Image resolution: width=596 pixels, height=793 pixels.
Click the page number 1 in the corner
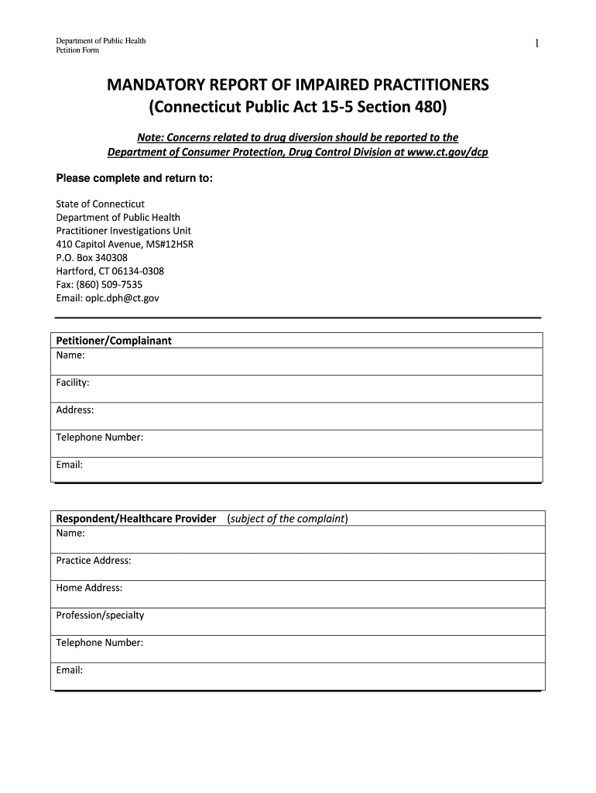pos(536,44)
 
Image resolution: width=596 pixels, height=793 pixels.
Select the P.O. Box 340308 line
pos(92,258)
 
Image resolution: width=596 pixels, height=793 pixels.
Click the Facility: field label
pos(73,383)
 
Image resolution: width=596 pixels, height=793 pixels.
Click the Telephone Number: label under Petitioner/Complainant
pos(100,438)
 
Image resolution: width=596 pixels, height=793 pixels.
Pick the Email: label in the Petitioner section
pos(70,465)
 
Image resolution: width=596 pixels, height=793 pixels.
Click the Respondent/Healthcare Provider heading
pos(136,519)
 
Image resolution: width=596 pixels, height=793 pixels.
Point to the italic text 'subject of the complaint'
pos(287,519)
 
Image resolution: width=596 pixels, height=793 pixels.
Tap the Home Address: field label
pos(89,588)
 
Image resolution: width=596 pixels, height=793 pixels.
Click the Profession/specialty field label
pos(100,616)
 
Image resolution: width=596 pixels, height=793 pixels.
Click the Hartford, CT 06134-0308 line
pos(110,271)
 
